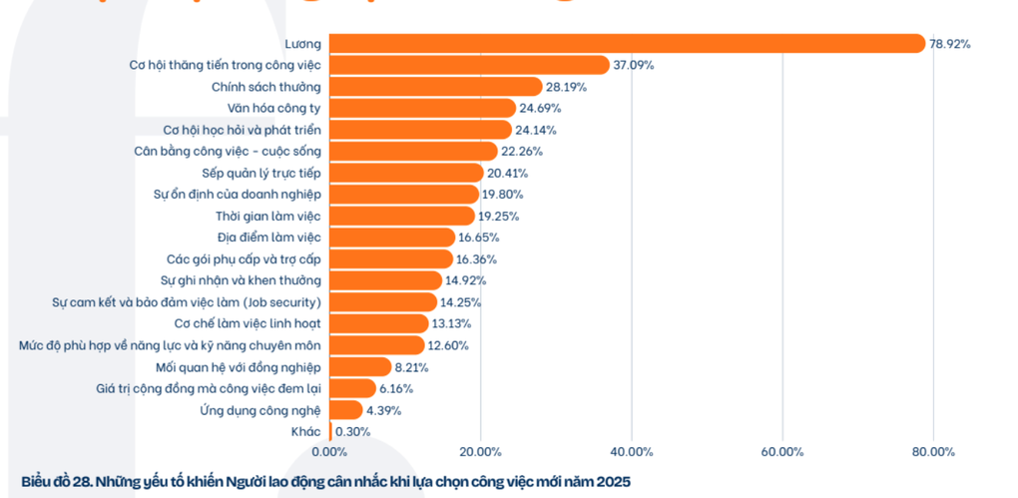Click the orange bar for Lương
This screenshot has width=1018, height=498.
pyautogui.click(x=627, y=43)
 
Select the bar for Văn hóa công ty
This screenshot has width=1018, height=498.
pyautogui.click(x=422, y=108)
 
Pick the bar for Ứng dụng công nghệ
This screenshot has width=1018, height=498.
pyautogui.click(x=345, y=409)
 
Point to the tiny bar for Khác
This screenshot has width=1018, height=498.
pyautogui.click(x=330, y=431)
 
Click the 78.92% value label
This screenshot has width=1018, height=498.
pyautogui.click(x=950, y=44)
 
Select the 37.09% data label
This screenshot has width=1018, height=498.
pyautogui.click(x=634, y=65)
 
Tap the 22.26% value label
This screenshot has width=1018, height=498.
pyautogui.click(x=522, y=152)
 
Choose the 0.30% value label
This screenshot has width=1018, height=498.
pyautogui.click(x=353, y=431)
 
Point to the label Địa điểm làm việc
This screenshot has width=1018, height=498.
pyautogui.click(x=268, y=238)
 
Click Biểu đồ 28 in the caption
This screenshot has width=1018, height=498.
pyautogui.click(x=57, y=481)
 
